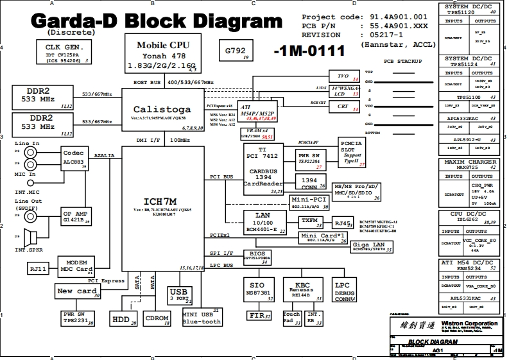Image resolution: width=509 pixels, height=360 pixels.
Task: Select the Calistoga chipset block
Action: click(x=161, y=110)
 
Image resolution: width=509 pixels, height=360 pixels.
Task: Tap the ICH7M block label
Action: click(x=163, y=200)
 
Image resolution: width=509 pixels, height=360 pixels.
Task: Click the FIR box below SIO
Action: click(x=258, y=315)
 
